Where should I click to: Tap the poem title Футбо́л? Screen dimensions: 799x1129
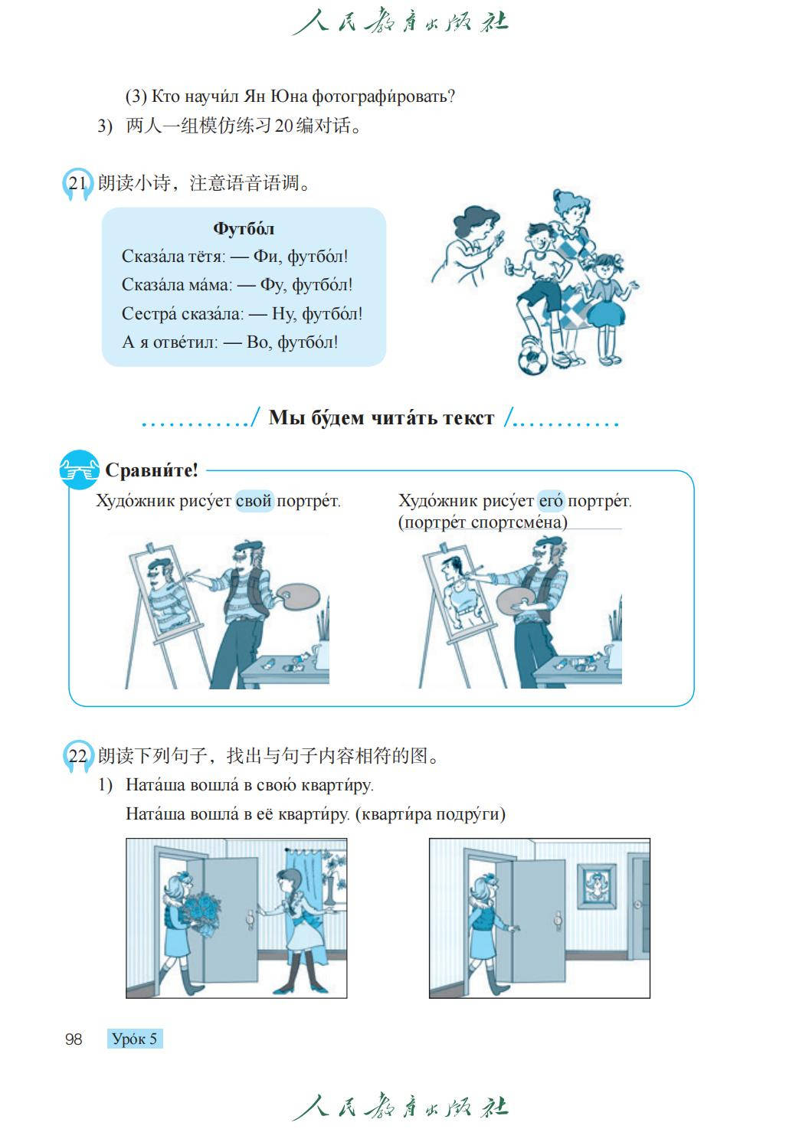pos(244,228)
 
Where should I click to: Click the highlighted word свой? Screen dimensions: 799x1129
pos(254,501)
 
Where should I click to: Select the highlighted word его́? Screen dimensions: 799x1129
pos(551,501)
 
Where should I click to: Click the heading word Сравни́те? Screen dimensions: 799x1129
pos(151,470)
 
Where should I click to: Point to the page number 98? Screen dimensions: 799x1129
pos(74,1039)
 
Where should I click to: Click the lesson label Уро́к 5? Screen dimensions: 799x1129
pos(135,1039)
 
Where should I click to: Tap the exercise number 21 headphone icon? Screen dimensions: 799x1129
pos(77,184)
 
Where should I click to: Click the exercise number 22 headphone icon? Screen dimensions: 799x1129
pos(78,756)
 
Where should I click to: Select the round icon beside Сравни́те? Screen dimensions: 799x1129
pos(79,470)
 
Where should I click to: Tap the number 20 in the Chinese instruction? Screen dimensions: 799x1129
pos(283,126)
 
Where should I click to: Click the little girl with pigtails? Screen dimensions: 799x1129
pos(608,309)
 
